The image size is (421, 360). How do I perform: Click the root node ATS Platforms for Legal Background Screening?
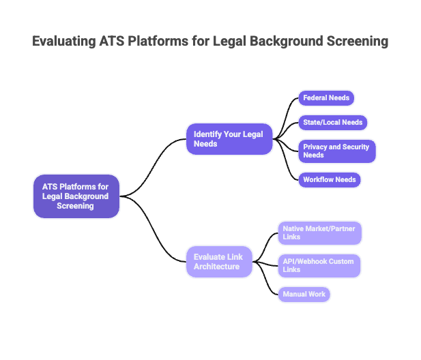point(76,196)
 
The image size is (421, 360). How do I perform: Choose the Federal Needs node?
point(326,98)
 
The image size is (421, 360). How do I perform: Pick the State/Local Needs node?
point(333,123)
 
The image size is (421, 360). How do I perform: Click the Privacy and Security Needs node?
point(336,151)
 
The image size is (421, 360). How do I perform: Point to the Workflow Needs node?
point(330,180)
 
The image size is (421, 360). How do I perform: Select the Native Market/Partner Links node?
point(319,233)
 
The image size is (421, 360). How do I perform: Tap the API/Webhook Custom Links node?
point(319,266)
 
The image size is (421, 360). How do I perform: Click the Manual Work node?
point(304,295)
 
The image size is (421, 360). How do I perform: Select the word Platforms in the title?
point(160,42)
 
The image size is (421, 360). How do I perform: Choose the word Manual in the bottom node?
point(294,295)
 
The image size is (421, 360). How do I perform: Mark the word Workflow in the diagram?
point(319,180)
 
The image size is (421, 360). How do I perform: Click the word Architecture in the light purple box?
point(216,267)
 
